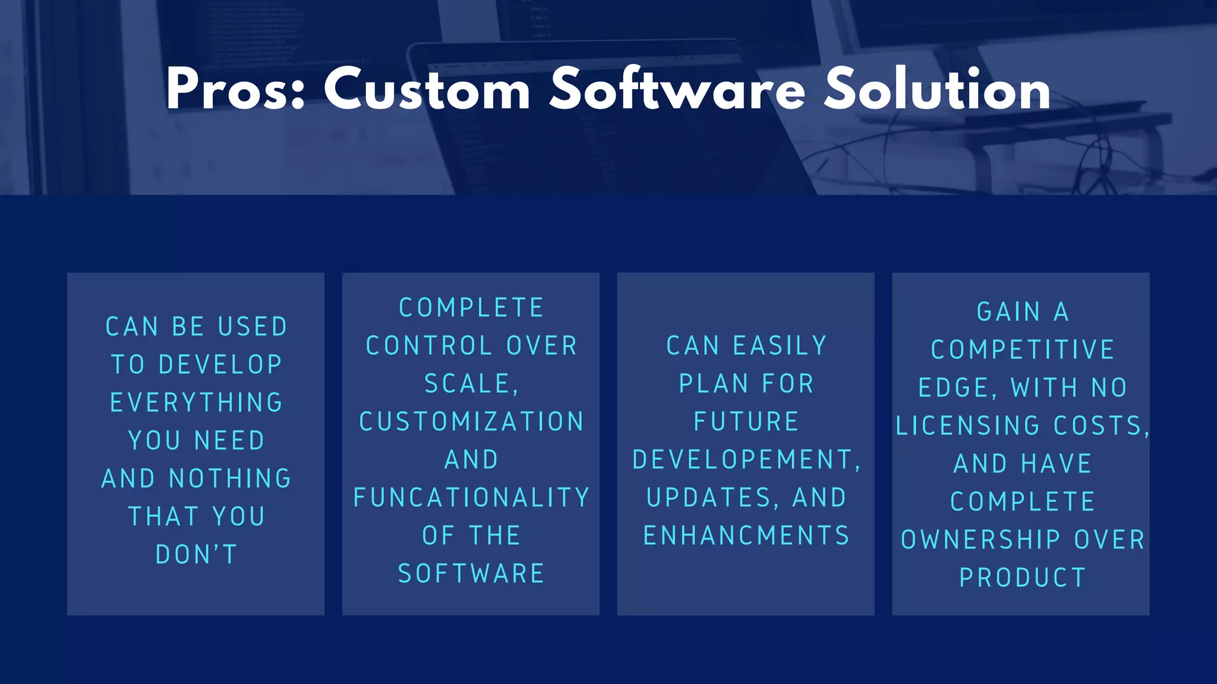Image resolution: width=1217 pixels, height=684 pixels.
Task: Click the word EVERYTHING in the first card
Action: [197, 403]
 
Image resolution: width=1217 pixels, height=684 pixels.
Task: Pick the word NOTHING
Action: [231, 479]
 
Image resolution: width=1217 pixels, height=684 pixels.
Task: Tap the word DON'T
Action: [197, 555]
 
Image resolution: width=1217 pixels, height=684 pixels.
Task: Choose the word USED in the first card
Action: [253, 327]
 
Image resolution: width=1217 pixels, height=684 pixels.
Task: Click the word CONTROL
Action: [429, 346]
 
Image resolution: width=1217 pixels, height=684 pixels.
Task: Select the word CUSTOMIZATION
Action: [472, 422]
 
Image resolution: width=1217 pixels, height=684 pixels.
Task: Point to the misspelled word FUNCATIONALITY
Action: [472, 498]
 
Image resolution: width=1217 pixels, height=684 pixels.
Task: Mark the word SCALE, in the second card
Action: [472, 384]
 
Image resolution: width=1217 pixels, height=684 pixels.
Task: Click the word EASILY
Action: [780, 346]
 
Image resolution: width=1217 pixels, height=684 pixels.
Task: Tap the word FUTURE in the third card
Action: [746, 422]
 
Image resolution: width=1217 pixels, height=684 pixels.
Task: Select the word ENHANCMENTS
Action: [746, 536]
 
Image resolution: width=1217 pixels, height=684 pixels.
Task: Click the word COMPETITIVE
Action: [1023, 350]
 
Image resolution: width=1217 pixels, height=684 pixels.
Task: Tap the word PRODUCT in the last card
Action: [1023, 578]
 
